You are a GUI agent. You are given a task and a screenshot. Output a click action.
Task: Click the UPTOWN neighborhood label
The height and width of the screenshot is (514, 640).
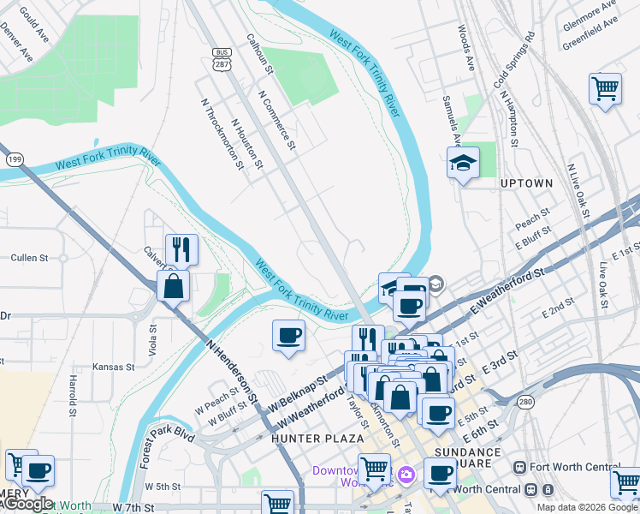pyautogui.click(x=527, y=183)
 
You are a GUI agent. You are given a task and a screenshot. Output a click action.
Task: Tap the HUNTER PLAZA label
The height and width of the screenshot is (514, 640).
pyautogui.click(x=306, y=438)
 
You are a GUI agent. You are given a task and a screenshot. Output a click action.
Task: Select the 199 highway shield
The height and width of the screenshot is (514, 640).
pyautogui.click(x=15, y=159)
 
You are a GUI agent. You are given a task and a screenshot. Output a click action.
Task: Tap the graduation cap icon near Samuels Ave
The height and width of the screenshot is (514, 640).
pyautogui.click(x=463, y=164)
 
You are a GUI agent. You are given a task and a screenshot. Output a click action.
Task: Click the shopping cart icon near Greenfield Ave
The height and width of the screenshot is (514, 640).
pyautogui.click(x=605, y=88)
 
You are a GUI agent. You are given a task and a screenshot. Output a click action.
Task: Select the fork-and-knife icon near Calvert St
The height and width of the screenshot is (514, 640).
pyautogui.click(x=181, y=249)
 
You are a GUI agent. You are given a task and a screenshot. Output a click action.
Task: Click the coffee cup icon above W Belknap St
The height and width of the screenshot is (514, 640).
pyautogui.click(x=289, y=335)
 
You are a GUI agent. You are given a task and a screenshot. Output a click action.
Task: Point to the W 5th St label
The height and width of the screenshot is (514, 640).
pyautogui.click(x=162, y=486)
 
